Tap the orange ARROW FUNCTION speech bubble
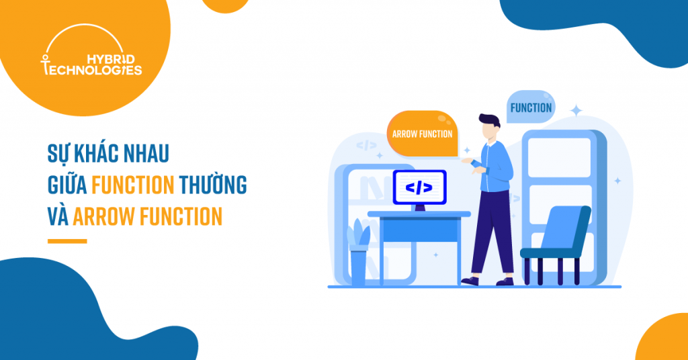pos(422,134)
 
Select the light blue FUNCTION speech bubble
pos(531,107)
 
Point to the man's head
pos(490,126)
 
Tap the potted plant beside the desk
pos(358,252)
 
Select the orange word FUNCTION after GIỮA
pos(132,185)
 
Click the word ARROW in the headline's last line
pos(103,217)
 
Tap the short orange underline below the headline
pos(67,241)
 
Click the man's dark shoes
pos(486,281)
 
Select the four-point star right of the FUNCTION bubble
pos(576,111)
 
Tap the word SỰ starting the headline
pos(58,154)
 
